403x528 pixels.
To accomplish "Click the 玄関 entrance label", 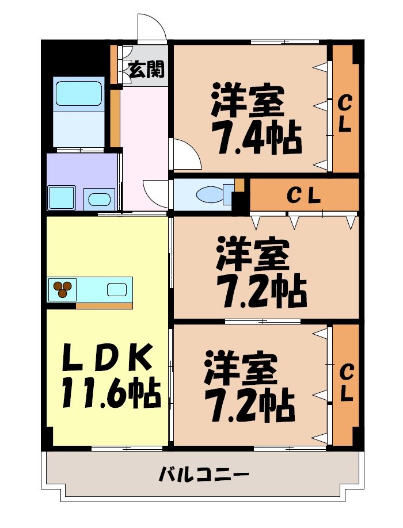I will click(146, 70).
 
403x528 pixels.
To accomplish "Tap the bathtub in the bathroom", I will click(78, 93).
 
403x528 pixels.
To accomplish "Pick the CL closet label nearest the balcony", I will click(346, 384).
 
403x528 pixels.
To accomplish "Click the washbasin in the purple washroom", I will click(100, 200).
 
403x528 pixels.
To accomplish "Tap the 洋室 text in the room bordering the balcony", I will click(241, 369).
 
